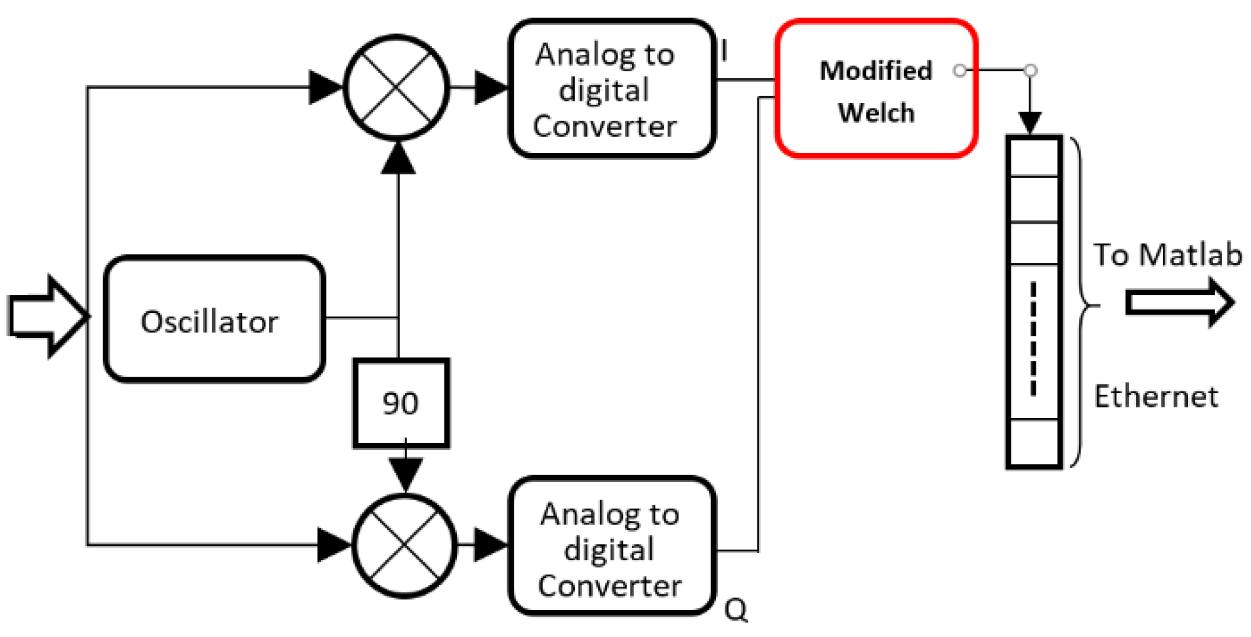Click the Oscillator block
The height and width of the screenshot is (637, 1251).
coord(214,319)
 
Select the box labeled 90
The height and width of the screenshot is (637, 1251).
coord(401,403)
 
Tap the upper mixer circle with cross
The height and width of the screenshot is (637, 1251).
coord(396,87)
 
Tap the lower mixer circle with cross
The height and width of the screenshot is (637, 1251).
coord(404,546)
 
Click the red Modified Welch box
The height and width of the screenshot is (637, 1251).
coord(876,89)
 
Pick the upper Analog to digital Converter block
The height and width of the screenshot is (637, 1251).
coord(612,89)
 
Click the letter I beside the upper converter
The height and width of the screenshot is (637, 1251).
coord(724,51)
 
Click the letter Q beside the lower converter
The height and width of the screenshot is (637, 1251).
coord(736,610)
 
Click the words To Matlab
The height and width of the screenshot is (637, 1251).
coord(1167,255)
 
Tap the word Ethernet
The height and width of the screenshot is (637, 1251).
coord(1155,396)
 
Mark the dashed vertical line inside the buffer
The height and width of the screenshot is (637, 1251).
coord(1033,339)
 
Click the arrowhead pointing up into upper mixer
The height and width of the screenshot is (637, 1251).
coord(398,159)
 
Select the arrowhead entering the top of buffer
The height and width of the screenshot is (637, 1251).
coord(1030,123)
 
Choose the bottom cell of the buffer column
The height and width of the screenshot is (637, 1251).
coord(1034,443)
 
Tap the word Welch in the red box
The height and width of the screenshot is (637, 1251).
coord(876,113)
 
